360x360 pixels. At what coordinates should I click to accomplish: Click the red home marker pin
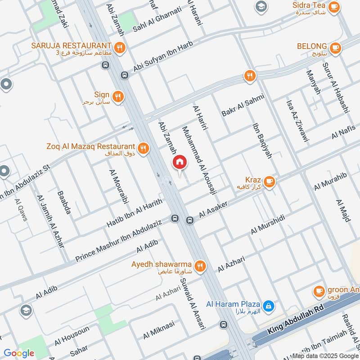[x=179, y=162]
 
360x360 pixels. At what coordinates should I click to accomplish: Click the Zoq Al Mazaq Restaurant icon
[x=143, y=147]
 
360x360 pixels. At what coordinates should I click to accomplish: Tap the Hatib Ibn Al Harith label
[x=135, y=212]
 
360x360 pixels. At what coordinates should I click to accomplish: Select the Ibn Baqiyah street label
[x=262, y=140]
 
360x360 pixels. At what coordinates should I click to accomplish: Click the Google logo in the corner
[x=18, y=353]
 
